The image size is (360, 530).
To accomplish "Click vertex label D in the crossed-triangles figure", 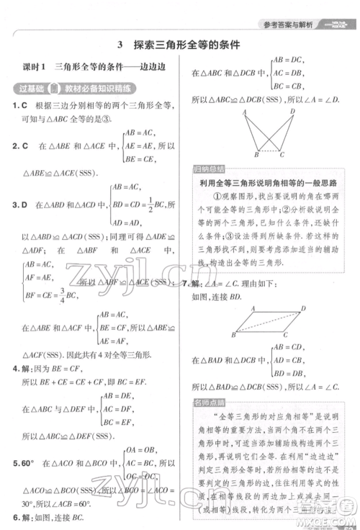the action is [x=292, y=112].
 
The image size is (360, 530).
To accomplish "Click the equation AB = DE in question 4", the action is [x=119, y=396].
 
